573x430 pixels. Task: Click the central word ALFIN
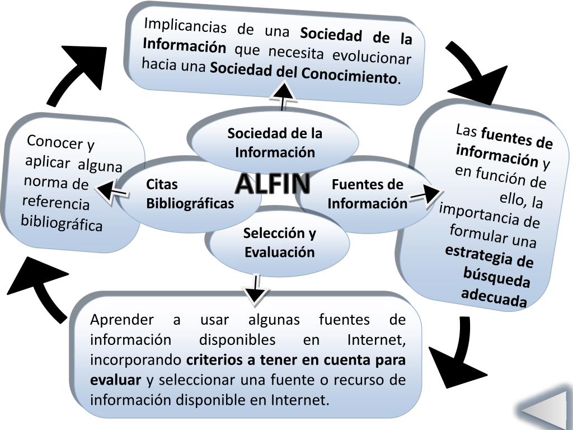(273, 183)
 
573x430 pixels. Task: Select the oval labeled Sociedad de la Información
(275, 143)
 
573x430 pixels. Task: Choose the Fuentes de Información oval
(367, 194)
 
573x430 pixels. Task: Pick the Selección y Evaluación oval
(279, 242)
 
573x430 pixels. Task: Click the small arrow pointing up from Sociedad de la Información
(284, 96)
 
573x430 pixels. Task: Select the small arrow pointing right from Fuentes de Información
(425, 194)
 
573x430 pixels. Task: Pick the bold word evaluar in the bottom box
(115, 381)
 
